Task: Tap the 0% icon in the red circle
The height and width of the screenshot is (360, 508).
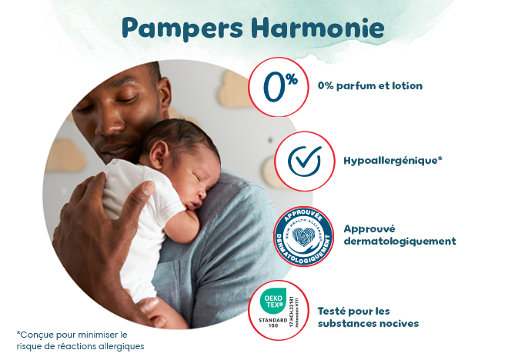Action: [280, 86]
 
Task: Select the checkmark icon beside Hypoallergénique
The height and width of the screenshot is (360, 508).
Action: [304, 160]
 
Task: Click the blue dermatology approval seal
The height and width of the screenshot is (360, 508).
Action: [303, 236]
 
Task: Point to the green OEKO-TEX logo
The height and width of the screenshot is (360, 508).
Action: [276, 300]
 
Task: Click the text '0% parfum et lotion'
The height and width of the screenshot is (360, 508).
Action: [370, 85]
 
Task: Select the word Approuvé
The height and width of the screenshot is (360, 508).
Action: [369, 228]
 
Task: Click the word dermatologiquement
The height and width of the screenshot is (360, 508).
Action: [399, 242]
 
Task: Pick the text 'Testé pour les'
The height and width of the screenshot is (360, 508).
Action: [354, 311]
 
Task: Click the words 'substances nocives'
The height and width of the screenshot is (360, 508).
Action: [368, 324]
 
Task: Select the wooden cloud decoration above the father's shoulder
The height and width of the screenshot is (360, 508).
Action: [235, 90]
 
